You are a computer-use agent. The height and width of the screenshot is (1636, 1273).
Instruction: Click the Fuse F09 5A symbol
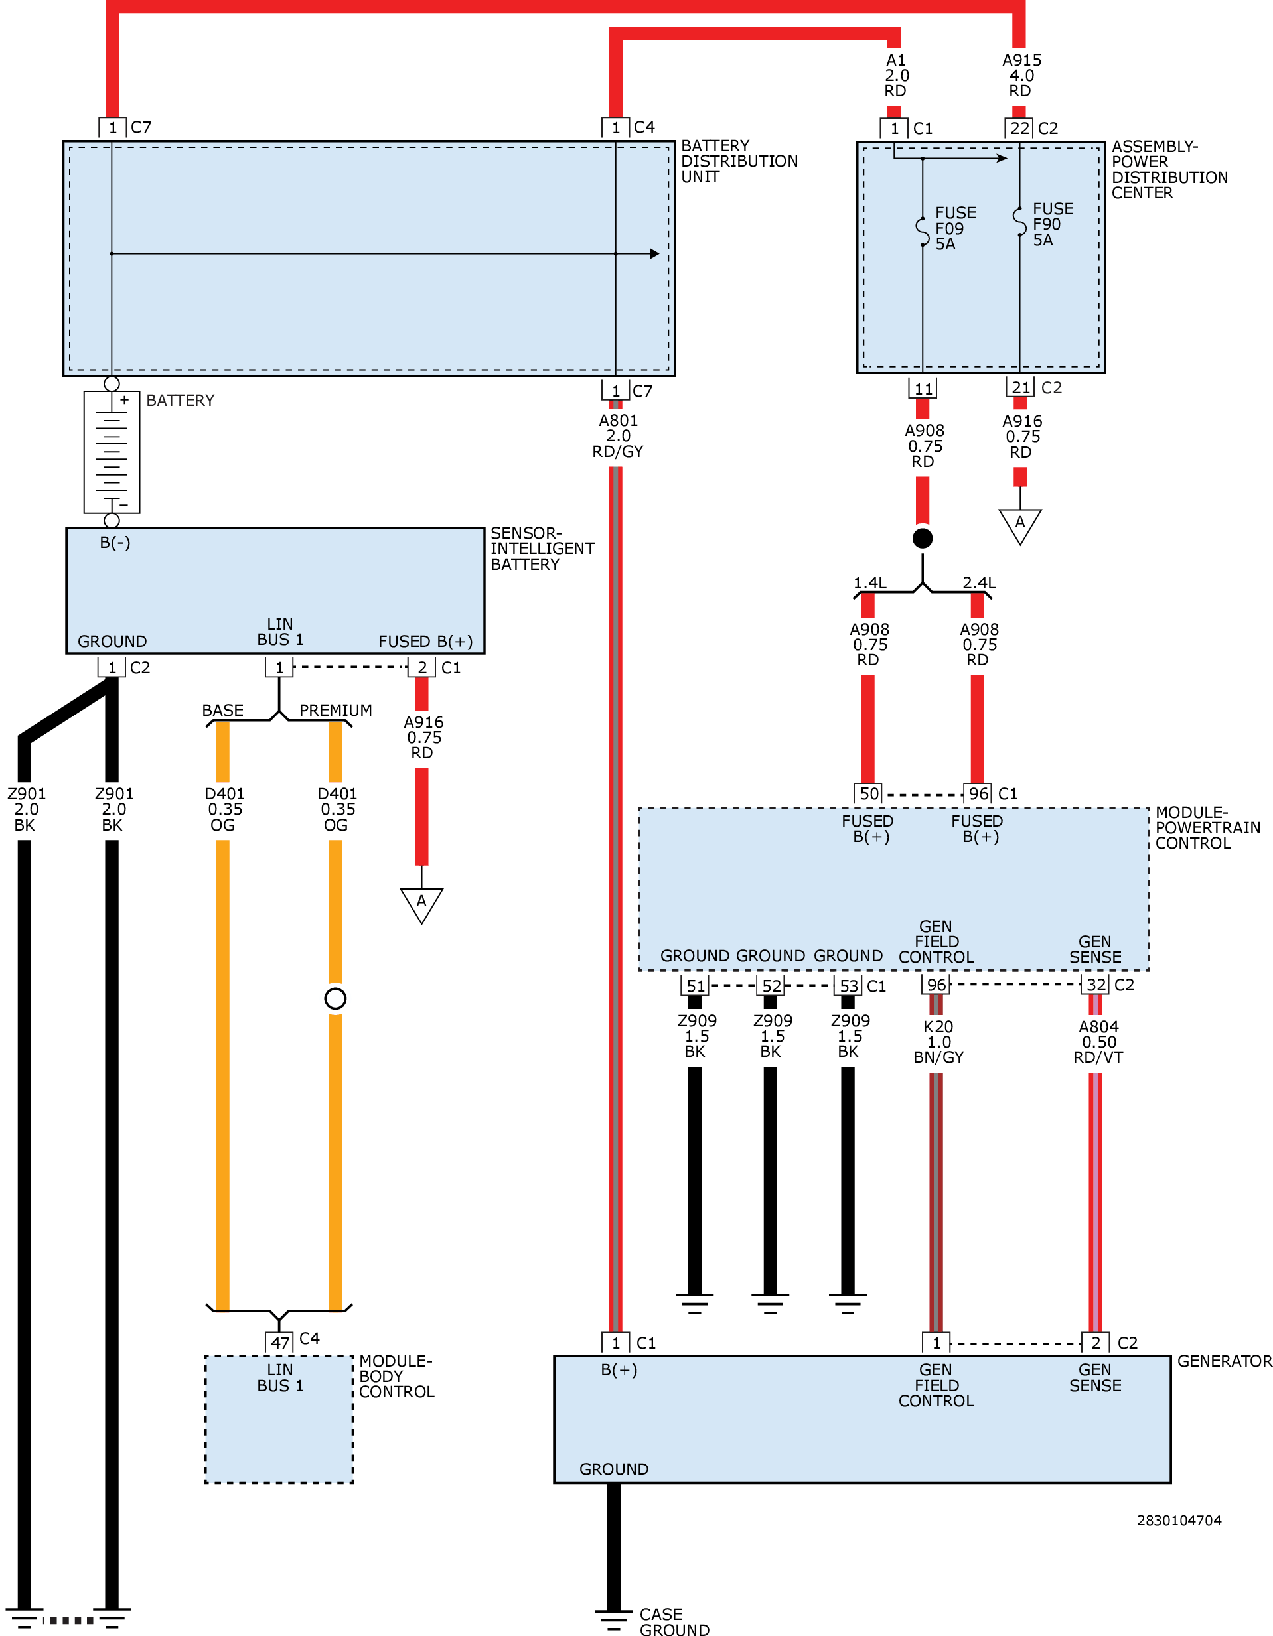923,232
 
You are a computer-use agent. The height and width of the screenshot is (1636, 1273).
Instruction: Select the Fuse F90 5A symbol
1019,222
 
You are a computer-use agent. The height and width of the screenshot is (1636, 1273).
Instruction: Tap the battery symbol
112,452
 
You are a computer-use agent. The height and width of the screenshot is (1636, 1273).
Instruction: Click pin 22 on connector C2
1019,128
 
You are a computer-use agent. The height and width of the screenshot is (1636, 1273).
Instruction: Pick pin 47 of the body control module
279,1342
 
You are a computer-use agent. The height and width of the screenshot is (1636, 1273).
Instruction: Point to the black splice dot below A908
923,538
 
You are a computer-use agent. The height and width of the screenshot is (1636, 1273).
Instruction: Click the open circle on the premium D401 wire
335,998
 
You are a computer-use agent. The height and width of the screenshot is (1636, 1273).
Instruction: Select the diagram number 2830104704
1179,1520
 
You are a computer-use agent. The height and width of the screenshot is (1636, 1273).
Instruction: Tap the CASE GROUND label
674,1621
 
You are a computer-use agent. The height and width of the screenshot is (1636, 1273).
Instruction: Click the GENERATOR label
1225,1361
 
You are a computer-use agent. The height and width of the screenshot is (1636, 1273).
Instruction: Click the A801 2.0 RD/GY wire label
617,436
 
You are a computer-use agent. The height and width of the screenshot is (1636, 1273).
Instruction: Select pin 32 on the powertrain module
1095,985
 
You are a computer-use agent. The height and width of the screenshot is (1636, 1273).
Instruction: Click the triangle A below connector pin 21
1019,527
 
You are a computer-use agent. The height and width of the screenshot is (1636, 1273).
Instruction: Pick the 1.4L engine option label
869,582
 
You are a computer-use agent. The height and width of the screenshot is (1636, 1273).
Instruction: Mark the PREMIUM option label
336,709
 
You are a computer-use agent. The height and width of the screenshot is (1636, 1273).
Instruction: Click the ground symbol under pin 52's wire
771,1304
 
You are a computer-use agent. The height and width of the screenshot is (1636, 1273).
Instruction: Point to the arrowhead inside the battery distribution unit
654,254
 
